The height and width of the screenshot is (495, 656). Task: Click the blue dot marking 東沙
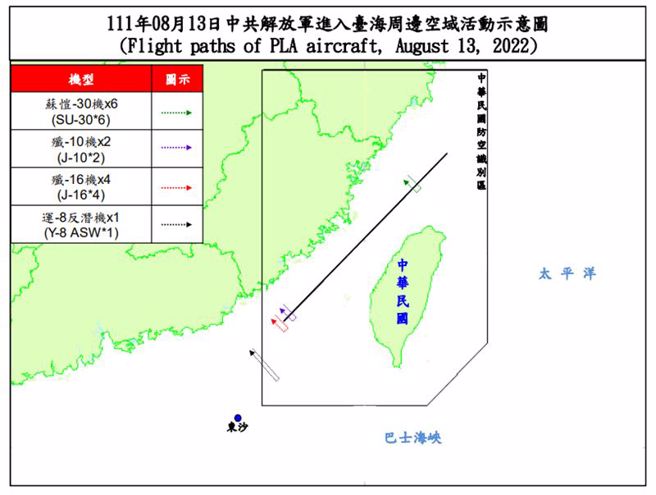click(x=237, y=418)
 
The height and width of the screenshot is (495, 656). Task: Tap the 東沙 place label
click(x=237, y=432)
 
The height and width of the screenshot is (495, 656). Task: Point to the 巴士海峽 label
click(x=412, y=438)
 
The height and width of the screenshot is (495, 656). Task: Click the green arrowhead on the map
click(x=408, y=181)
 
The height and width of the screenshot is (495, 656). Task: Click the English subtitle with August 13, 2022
click(x=328, y=46)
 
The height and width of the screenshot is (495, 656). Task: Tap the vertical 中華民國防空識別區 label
click(x=480, y=135)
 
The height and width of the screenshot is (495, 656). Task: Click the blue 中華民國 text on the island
click(x=401, y=290)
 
